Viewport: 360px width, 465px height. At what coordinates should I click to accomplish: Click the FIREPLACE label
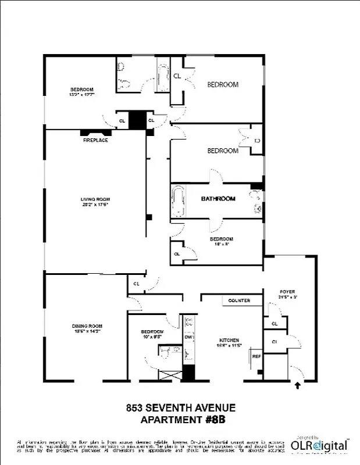(95, 140)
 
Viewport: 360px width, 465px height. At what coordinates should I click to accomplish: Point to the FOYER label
(288, 292)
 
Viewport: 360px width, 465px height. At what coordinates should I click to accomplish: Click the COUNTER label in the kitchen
(239, 301)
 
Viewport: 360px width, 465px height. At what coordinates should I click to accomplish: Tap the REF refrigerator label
(256, 356)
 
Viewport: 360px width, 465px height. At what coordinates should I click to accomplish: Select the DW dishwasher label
(188, 337)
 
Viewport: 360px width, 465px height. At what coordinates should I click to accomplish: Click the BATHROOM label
(218, 199)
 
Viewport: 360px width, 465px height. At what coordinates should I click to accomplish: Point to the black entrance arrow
(298, 384)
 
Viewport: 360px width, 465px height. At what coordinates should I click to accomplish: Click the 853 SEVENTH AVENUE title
(180, 409)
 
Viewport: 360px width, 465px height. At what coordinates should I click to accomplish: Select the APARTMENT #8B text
(180, 420)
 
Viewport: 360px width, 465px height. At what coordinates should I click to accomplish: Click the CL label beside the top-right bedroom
(177, 76)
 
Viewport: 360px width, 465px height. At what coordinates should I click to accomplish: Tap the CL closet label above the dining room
(136, 284)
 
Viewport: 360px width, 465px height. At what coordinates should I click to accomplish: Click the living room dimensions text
(95, 205)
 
